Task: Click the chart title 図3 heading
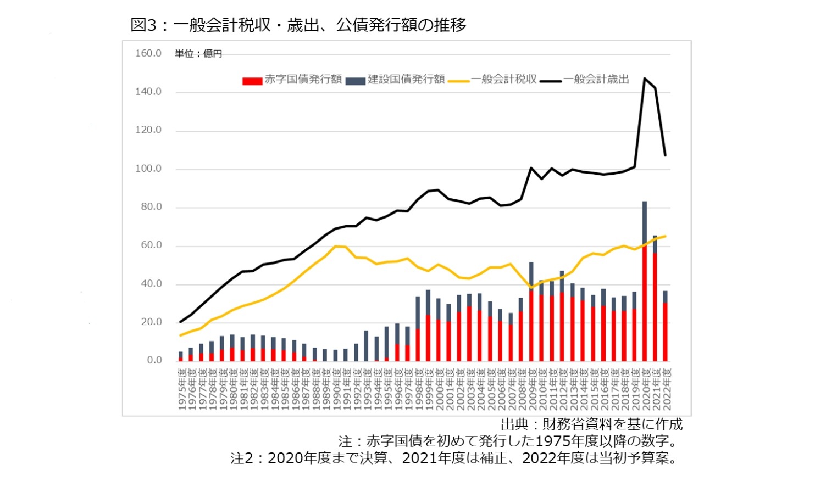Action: coord(298,25)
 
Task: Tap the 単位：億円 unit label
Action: coord(198,53)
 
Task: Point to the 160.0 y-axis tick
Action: coord(148,53)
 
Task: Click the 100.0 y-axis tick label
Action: coord(148,169)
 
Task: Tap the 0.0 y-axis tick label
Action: coord(154,360)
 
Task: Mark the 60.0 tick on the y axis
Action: coord(151,245)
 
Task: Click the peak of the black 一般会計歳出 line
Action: coord(645,79)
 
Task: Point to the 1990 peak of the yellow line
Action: coord(335,246)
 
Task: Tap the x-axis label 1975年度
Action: coord(182,389)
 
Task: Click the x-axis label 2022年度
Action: coord(667,389)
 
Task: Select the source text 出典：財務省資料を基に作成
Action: coord(591,424)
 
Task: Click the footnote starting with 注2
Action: coord(455,458)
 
